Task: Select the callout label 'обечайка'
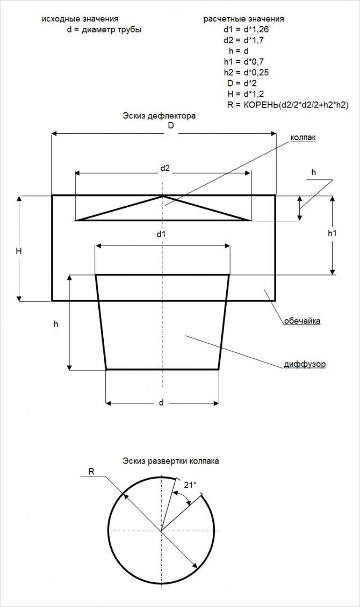click(303, 321)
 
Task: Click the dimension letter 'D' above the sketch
click(171, 126)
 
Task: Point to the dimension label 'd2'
click(165, 168)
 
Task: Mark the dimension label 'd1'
click(161, 234)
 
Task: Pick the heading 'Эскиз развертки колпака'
click(171, 461)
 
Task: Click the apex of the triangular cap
click(163, 196)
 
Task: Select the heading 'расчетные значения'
click(243, 19)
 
